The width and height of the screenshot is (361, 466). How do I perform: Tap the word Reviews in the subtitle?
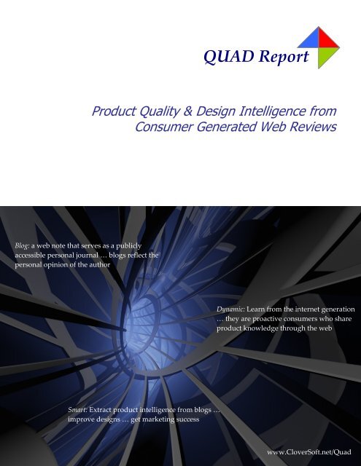tap(322, 128)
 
